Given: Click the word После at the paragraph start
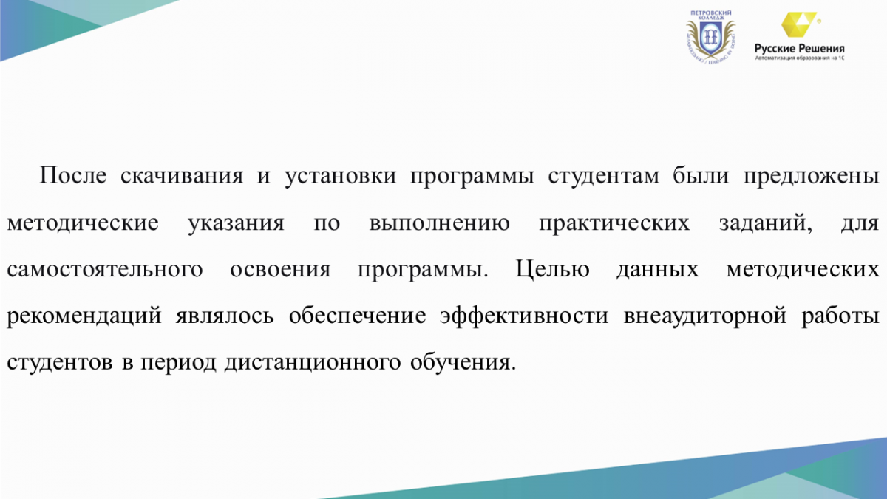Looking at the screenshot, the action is tap(73, 175).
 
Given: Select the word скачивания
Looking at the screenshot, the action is tap(182, 176).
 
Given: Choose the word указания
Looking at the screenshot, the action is tap(236, 224).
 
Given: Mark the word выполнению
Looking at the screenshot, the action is tap(440, 223).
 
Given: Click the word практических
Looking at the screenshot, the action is tap(614, 224).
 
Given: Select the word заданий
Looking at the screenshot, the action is tap(766, 223).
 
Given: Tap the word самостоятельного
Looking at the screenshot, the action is tap(105, 270).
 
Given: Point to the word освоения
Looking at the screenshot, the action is tap(280, 270).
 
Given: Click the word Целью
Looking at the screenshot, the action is tap(552, 269).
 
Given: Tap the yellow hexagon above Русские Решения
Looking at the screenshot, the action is tap(798, 24).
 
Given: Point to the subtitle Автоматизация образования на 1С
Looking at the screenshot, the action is tap(800, 58).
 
